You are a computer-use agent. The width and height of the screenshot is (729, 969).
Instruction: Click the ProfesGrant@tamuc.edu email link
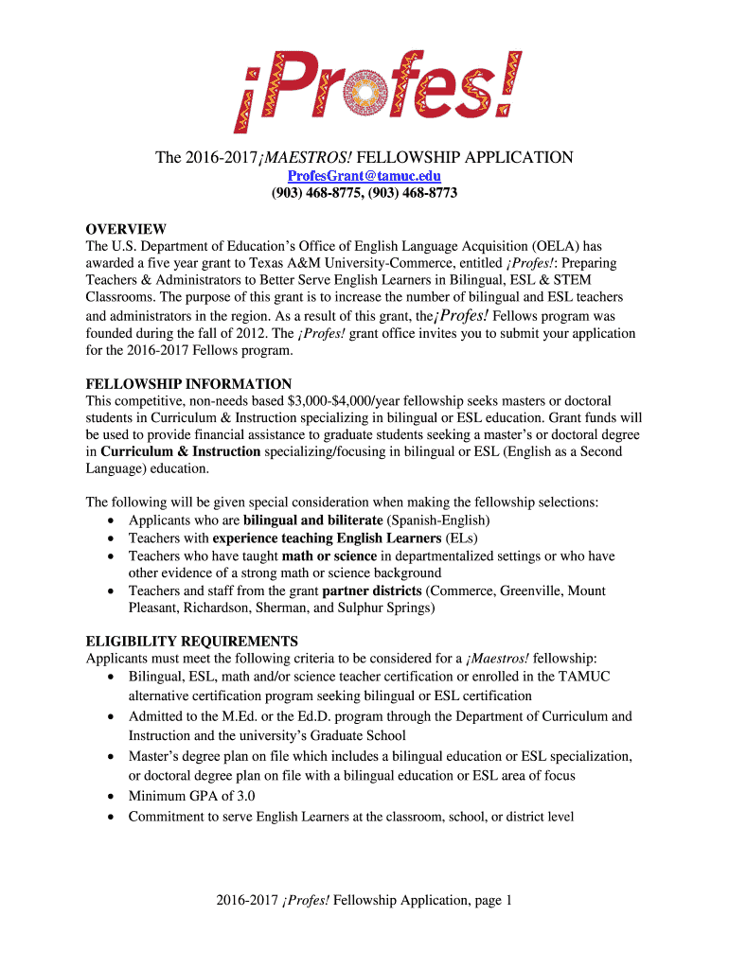click(364, 176)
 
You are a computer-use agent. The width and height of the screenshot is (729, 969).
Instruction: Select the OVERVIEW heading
click(126, 229)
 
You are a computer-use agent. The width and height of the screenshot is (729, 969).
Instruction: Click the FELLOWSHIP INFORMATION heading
click(188, 384)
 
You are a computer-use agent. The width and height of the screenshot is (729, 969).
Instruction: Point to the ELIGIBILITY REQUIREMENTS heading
click(191, 641)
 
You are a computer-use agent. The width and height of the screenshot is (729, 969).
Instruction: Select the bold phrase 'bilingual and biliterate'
click(312, 520)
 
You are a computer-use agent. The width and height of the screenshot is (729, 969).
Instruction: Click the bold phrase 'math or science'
click(329, 555)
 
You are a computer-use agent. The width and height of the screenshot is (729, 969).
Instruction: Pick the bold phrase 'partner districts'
click(372, 590)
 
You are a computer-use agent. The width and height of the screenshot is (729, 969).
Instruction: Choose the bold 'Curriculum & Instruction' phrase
click(180, 451)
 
